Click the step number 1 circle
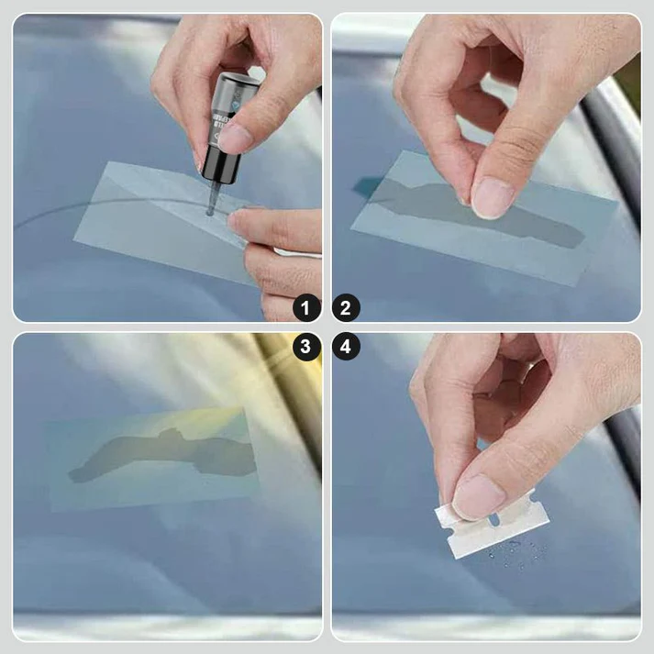coord(307,308)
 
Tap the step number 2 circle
coord(346,308)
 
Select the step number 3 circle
coord(307,347)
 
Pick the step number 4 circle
coord(346,347)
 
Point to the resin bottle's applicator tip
coord(210,209)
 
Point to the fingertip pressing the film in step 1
coord(240,220)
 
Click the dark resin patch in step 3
coord(165,454)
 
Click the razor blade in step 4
coord(492,527)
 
